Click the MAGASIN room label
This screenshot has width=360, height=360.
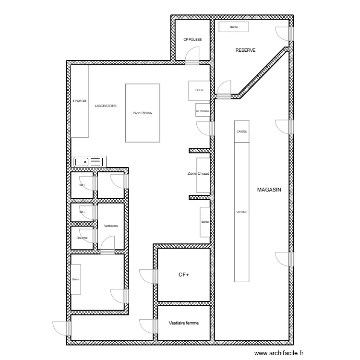coord(269,190)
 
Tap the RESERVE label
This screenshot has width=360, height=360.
coord(245,50)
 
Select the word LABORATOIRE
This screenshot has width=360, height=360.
coord(106,106)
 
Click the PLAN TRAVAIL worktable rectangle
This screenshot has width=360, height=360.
coord(143,113)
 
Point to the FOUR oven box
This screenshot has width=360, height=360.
coord(199,90)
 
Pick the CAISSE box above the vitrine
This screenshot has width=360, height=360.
coord(242,131)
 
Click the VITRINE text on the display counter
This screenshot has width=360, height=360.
coord(242,212)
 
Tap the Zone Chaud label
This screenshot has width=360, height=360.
coord(199,174)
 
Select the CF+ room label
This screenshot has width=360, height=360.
coord(183,275)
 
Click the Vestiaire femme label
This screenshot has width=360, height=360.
coord(183,323)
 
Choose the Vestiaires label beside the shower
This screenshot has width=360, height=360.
coord(111,225)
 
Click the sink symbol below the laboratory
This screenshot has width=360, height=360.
coord(89,162)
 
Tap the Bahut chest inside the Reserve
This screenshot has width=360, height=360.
coord(234,27)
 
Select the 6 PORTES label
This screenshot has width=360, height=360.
coord(80,101)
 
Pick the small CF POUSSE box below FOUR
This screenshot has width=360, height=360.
coord(203,110)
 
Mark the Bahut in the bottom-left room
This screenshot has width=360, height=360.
coord(76,279)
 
